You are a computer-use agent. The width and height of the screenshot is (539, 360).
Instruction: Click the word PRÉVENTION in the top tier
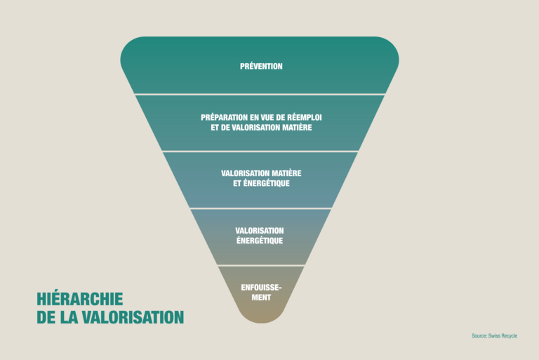point(261,67)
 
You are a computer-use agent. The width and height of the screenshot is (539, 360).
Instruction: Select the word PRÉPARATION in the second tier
point(225,116)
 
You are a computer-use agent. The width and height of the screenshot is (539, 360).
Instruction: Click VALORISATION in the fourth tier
point(260,230)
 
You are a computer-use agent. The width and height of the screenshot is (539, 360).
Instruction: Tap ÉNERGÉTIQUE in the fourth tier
point(260,241)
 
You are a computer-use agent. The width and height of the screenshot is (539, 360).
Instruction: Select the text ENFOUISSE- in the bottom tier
point(261,287)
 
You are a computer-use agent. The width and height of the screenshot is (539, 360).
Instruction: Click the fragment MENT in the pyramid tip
point(261,298)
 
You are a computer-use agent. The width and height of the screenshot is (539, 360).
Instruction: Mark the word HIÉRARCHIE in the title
point(79,299)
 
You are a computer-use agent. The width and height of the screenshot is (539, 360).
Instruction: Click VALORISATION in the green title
point(133,317)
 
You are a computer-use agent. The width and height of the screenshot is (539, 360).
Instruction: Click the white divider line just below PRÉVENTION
point(260,94)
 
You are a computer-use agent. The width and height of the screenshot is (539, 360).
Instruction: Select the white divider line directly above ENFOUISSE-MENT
point(260,266)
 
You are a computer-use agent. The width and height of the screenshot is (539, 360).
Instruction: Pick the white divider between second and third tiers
point(260,152)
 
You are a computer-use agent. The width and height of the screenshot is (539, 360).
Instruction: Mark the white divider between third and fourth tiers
point(260,208)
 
